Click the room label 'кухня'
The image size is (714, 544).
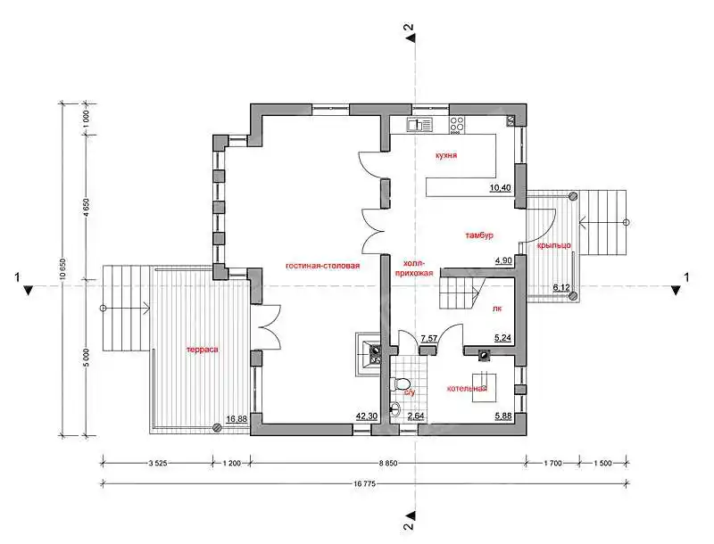(x=445, y=155)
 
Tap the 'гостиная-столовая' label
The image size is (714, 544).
(x=322, y=266)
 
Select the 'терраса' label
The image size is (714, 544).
(x=203, y=350)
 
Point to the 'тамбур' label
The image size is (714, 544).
(x=479, y=235)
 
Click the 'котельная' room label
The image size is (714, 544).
(x=467, y=389)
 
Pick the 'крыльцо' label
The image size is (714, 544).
(x=553, y=245)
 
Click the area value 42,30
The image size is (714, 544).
(x=366, y=416)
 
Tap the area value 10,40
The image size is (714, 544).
(x=500, y=187)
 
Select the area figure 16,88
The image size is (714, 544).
(x=236, y=418)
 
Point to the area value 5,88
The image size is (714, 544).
(x=502, y=416)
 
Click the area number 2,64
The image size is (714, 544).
(x=416, y=416)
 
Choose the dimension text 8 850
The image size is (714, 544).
(x=388, y=464)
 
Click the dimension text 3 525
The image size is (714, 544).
(x=159, y=464)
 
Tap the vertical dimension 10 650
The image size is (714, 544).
(x=63, y=271)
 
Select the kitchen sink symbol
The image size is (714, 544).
(x=419, y=125)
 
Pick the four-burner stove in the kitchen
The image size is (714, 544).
(x=457, y=125)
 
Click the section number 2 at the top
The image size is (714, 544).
(x=410, y=27)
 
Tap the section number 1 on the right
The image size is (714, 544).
(x=686, y=276)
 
